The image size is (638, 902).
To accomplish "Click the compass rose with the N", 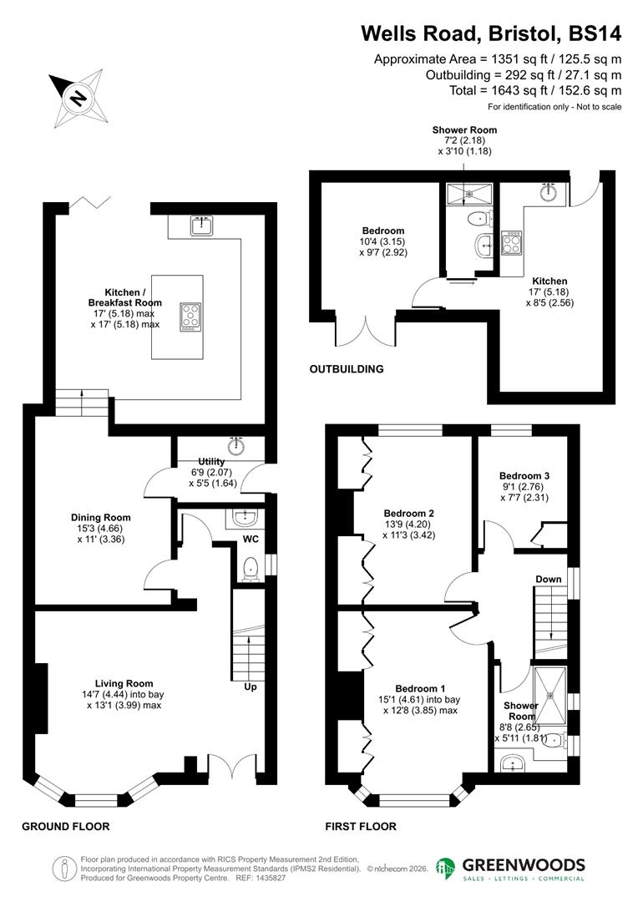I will point(76,98).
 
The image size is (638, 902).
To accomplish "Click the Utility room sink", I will point(236,443).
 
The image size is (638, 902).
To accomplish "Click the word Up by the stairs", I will point(249,687).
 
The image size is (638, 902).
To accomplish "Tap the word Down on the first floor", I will point(549,579).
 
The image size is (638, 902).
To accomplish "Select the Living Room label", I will point(124,684).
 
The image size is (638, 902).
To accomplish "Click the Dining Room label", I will point(100,518).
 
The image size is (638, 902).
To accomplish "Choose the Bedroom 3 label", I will point(525,476).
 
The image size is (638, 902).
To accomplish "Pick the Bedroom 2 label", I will point(408,514).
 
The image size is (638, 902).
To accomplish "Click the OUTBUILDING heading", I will point(347,369).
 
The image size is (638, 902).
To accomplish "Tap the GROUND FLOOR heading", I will point(65,827).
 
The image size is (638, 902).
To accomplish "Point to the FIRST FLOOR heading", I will point(361,827).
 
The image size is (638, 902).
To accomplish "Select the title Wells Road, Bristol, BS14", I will point(491,33).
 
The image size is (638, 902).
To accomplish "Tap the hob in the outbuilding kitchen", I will point(510,244).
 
